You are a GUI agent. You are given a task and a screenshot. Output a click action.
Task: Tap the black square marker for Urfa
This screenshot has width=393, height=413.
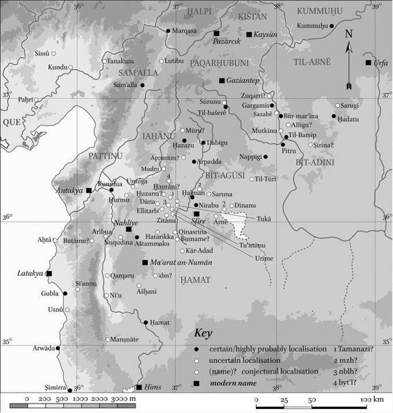point(368,62)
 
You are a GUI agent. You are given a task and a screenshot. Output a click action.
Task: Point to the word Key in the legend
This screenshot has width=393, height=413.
point(204,334)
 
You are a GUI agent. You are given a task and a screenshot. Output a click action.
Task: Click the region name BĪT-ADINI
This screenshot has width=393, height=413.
point(314,163)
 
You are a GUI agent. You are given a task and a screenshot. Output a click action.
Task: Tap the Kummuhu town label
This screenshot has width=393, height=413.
point(314,26)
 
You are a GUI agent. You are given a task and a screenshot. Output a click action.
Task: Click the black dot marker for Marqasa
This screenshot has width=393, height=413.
point(168,31)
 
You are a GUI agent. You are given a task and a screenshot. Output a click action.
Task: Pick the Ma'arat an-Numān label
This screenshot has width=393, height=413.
point(179,262)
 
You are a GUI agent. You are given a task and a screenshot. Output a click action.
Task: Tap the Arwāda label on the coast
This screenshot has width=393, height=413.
point(42,348)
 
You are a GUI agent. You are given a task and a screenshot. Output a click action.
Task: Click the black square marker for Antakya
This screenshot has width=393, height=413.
point(89,190)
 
